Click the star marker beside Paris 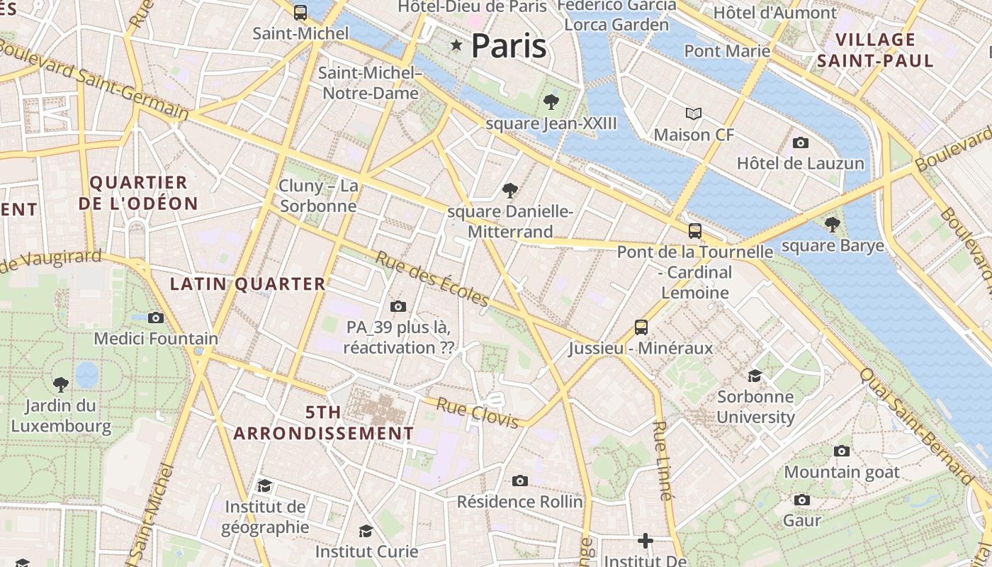pos(456,46)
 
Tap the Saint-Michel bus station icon pos(300,12)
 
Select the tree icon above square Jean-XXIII pos(551,102)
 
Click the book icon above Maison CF pos(694,113)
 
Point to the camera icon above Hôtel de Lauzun pos(801,142)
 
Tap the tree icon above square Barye pos(833,225)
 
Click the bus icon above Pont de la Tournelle pos(695,230)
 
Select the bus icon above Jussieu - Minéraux pos(641,327)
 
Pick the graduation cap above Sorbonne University pos(755,375)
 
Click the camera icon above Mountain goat pos(842,451)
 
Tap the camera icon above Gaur pos(802,500)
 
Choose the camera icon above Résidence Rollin pos(520,481)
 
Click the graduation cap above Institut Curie pos(366,530)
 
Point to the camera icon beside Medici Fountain pos(156,318)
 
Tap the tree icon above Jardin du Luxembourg pos(61,384)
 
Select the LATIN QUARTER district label pos(248,284)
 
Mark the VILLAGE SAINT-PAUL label pos(876,50)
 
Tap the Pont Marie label pos(727,51)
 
